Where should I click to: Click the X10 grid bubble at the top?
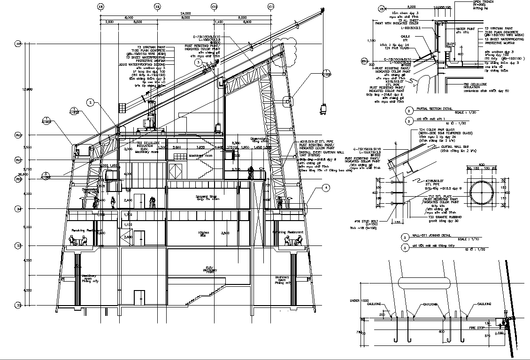(x=214, y=7)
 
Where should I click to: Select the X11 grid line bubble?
(x=271, y=7)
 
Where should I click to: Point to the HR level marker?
(x=19, y=44)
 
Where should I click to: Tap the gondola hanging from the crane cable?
(x=323, y=108)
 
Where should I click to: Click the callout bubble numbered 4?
(x=325, y=188)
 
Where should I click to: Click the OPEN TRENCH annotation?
(x=482, y=2)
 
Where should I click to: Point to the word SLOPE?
(x=450, y=44)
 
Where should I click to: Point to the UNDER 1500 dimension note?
(x=358, y=300)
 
